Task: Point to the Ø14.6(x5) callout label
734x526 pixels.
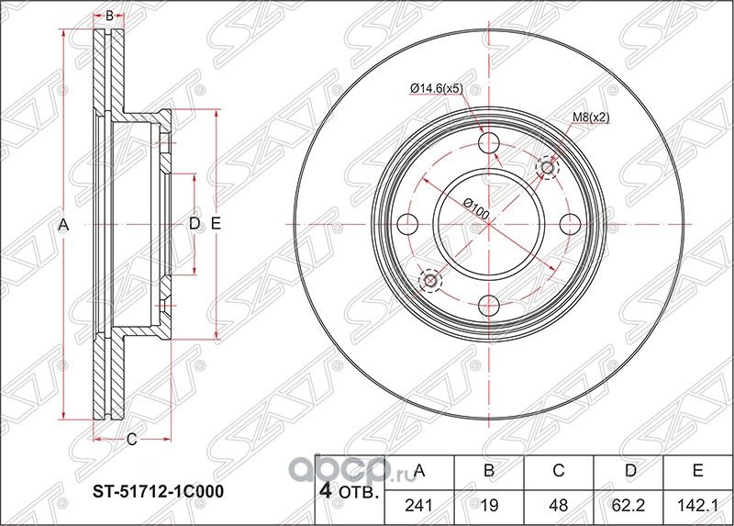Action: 436,88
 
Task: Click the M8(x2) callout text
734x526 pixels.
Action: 591,117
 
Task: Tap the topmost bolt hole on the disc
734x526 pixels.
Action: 490,143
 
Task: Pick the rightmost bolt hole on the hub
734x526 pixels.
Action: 570,223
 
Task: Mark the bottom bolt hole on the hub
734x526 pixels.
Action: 490,304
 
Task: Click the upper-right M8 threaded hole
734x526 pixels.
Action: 548,167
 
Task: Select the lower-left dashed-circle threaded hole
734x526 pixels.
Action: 430,280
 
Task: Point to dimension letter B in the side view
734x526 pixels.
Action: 109,17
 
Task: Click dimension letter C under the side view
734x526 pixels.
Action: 131,440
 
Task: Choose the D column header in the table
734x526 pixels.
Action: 628,472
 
